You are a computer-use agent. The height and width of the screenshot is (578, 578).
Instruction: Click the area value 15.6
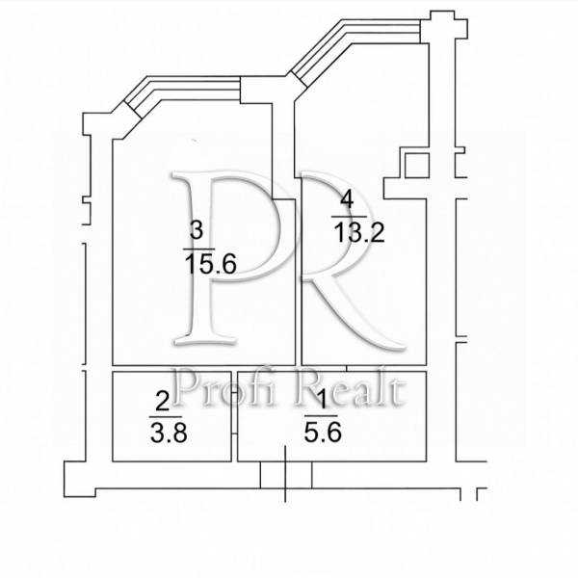pos(210,264)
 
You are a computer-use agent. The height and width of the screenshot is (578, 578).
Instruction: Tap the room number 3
pos(197,230)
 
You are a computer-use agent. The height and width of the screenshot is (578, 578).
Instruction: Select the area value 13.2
pos(358,232)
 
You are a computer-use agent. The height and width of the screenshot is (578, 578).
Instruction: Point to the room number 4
pos(347,200)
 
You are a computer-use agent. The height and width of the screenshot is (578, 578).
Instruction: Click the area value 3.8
pos(169,433)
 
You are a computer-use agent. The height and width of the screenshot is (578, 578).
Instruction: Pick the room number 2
pos(163,402)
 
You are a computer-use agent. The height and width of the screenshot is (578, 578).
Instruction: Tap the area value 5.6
pos(323,432)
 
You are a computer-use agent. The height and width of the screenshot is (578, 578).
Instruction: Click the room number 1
pos(322,400)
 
